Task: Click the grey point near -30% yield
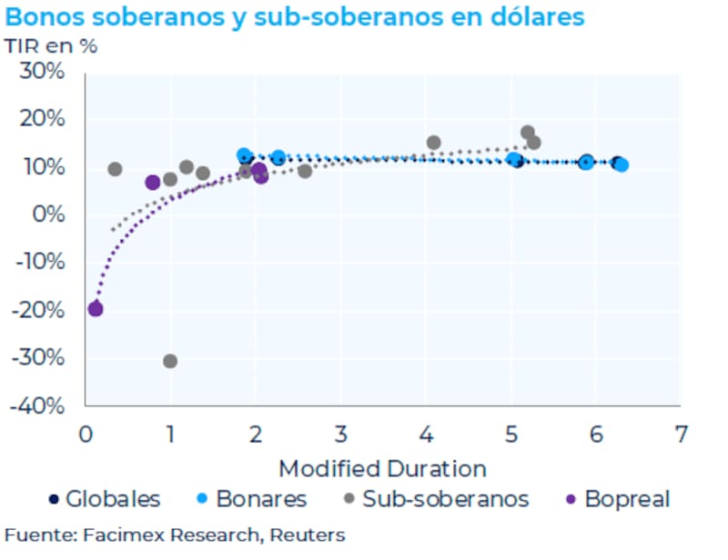coord(170,361)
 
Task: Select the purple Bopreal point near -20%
coord(96,309)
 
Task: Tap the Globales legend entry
coord(105,498)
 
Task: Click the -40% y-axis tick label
coord(38,405)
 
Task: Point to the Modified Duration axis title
coord(382,468)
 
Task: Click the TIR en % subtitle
coord(51,45)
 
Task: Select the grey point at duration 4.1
coord(434,143)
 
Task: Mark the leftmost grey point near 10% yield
coord(116,169)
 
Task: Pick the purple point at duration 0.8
coord(153,183)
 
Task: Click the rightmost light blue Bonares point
coord(622,165)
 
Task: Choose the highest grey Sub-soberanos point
coord(528,133)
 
